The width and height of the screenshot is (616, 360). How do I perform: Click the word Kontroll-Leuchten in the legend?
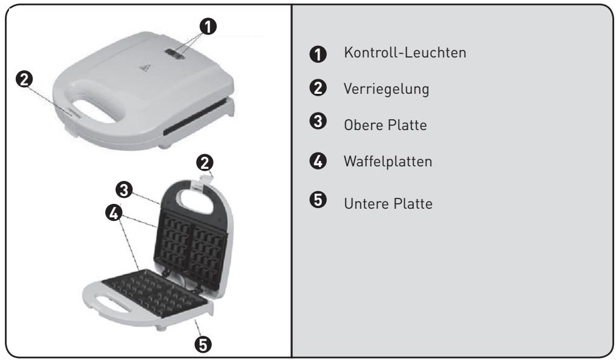coord(404,53)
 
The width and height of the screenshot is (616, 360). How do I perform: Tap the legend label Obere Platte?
coord(380,126)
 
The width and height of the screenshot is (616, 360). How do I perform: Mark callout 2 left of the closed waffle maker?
coord(27,80)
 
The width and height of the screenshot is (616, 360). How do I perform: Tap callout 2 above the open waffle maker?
coord(205,162)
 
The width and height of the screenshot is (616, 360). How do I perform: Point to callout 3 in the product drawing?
coord(125,190)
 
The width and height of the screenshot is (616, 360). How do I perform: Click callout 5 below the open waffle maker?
coord(203,344)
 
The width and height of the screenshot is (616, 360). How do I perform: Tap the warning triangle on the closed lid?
coord(143,68)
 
